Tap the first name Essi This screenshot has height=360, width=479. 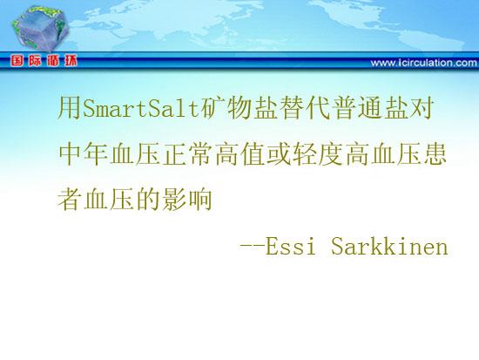click(290, 246)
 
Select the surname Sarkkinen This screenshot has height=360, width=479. click(389, 246)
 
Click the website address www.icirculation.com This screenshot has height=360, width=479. click(424, 63)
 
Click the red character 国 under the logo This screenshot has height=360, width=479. click(17, 61)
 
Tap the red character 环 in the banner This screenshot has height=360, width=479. click(71, 61)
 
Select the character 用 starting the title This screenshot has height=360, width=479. click(70, 108)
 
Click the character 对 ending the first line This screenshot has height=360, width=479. click(422, 108)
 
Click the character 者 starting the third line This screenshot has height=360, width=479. click(70, 199)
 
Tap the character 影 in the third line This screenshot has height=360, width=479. click(174, 199)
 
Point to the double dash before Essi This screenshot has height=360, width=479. click(252, 246)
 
